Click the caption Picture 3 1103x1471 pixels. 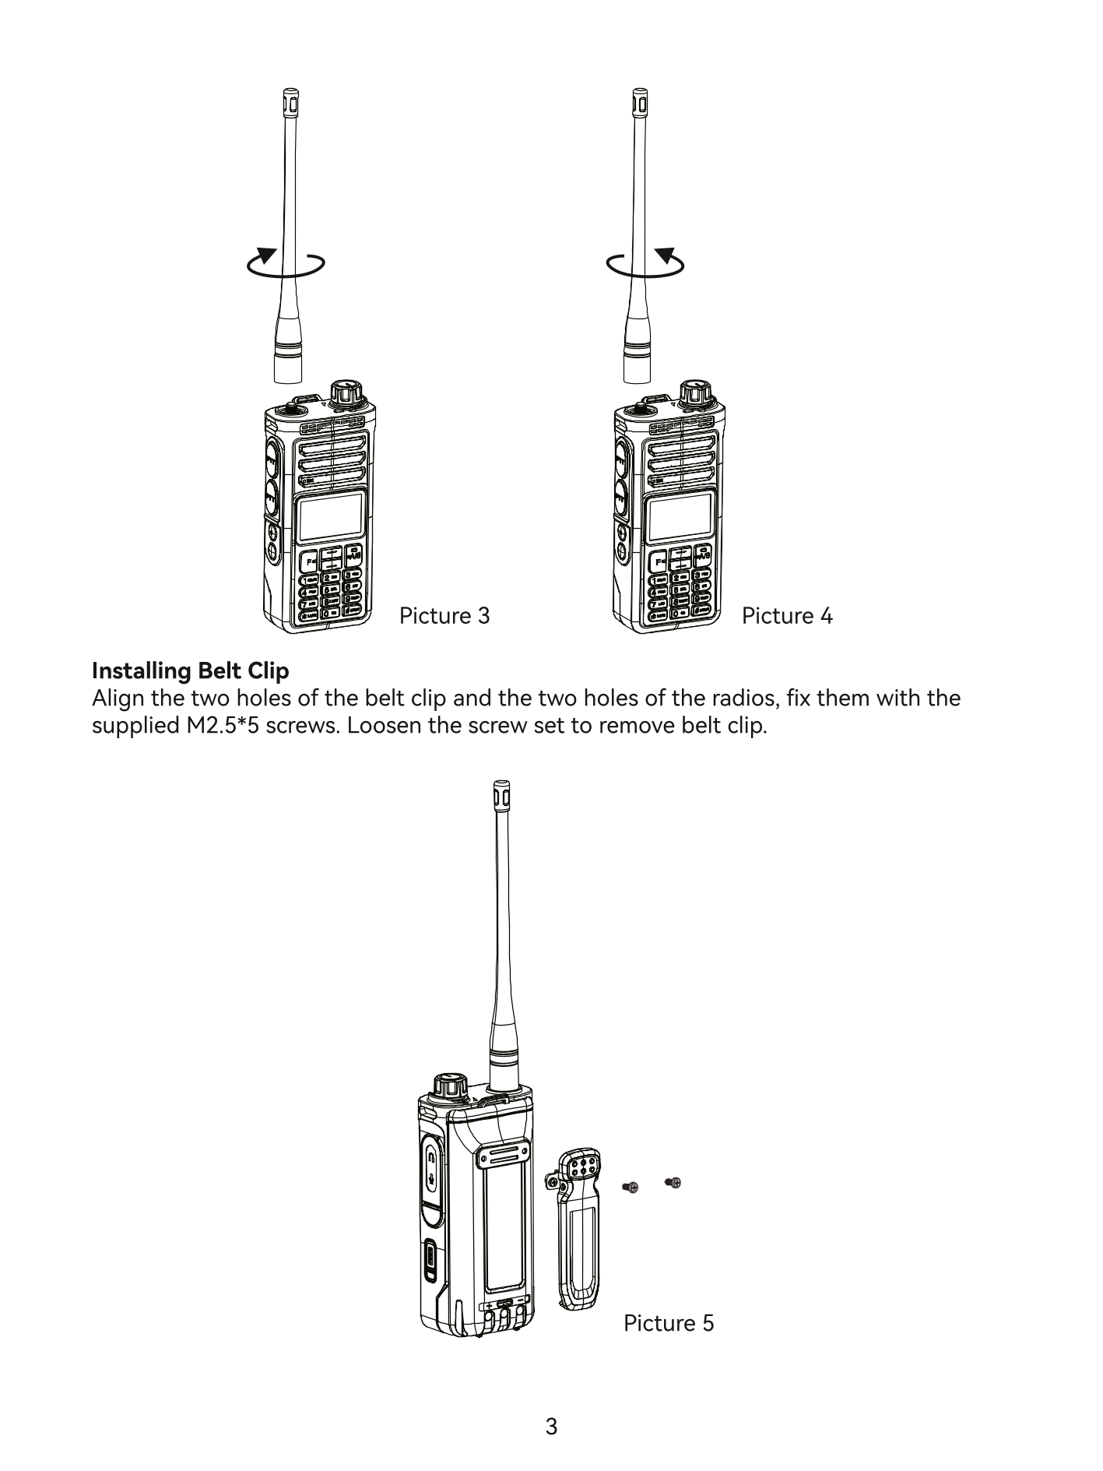(x=444, y=616)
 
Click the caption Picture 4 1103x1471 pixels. (x=787, y=616)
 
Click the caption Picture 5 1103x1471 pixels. (x=669, y=1323)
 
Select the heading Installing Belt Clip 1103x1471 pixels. (x=190, y=670)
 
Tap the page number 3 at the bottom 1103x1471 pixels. (x=551, y=1427)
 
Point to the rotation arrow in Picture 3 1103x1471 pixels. (x=285, y=263)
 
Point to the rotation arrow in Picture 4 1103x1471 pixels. (x=645, y=263)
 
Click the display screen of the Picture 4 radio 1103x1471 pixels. (x=681, y=517)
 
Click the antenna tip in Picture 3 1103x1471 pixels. (x=290, y=100)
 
